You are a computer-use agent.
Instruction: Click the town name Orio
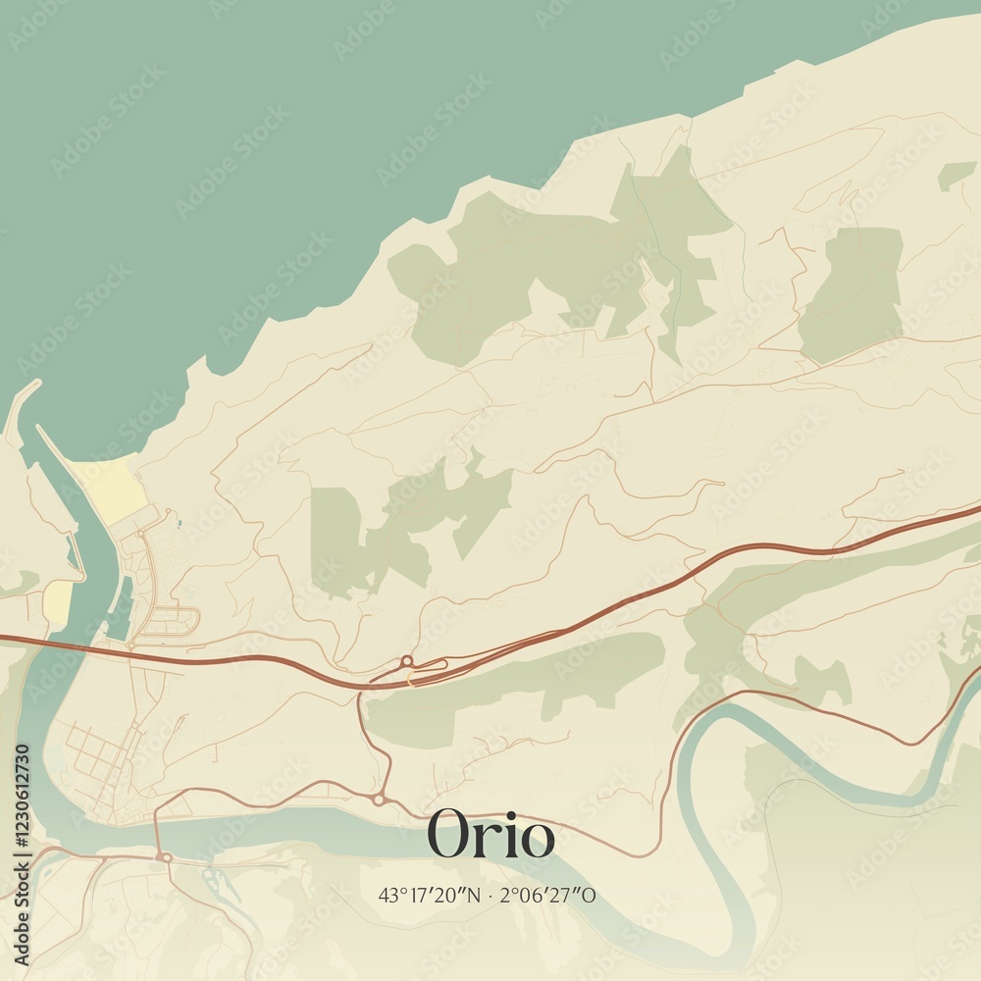490,836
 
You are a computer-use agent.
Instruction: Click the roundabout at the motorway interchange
406,660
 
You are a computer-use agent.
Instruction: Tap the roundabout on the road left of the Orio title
379,800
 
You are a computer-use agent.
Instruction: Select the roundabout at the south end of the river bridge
166,857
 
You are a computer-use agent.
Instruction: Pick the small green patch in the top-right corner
955,175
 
